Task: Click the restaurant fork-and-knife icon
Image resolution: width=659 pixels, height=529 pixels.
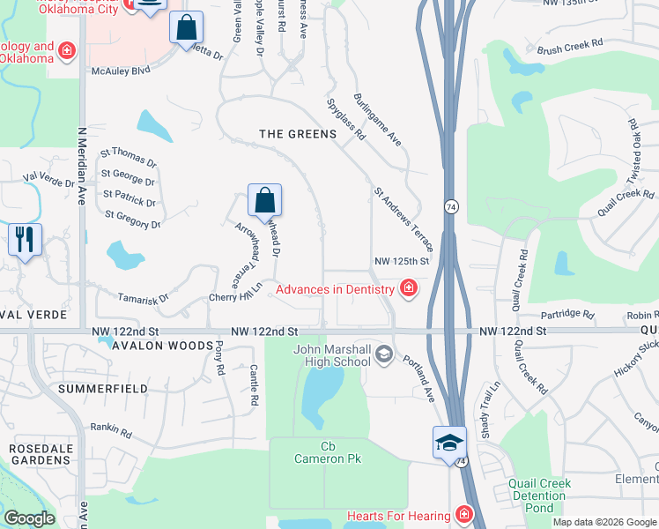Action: (x=25, y=239)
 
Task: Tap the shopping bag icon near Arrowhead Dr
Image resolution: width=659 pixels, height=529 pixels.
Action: (x=265, y=202)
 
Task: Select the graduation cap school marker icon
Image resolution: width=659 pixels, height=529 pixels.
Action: (x=449, y=442)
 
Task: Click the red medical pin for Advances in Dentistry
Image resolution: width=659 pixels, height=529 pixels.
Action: (x=408, y=288)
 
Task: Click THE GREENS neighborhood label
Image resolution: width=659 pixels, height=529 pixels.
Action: (x=298, y=134)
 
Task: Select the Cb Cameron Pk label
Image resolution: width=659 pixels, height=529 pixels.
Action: (x=328, y=452)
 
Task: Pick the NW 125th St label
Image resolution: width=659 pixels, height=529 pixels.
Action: (x=401, y=261)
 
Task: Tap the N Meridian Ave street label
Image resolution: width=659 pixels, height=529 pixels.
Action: (x=81, y=166)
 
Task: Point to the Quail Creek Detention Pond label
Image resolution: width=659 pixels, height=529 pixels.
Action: (x=539, y=496)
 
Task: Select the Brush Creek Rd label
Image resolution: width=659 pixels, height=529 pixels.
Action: (x=569, y=42)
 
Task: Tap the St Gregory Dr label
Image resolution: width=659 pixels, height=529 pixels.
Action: (x=132, y=220)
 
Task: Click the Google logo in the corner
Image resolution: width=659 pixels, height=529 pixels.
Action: (x=30, y=518)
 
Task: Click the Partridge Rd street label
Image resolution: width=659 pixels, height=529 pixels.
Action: (x=569, y=314)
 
